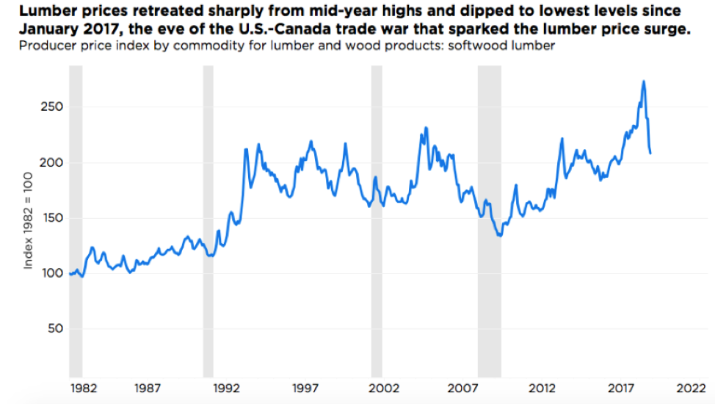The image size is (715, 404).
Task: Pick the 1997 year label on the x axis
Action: pyautogui.click(x=305, y=387)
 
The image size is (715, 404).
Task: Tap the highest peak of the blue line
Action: pyautogui.click(x=644, y=82)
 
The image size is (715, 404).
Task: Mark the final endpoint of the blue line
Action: pyautogui.click(x=651, y=153)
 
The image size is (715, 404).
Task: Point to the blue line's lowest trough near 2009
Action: pyautogui.click(x=501, y=236)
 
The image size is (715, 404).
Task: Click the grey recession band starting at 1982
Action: pyautogui.click(x=76, y=220)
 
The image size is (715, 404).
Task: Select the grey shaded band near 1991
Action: pyautogui.click(x=208, y=220)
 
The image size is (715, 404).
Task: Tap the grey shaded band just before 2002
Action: pyautogui.click(x=377, y=220)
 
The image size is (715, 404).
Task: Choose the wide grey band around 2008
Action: pyautogui.click(x=490, y=220)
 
